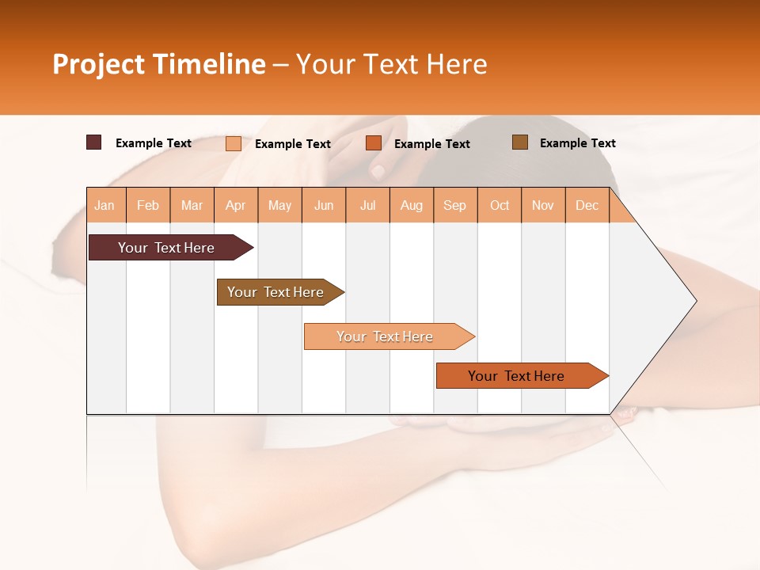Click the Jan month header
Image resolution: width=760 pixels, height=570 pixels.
pos(104,205)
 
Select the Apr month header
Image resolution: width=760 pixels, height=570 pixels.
pos(235,205)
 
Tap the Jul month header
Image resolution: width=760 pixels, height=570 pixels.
pos(367,205)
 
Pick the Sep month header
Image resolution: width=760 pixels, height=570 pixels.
pos(454,205)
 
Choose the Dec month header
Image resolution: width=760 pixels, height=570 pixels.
pos(587,205)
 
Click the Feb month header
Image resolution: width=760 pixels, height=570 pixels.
pos(148,205)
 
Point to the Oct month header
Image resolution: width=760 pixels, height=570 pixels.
pos(500,205)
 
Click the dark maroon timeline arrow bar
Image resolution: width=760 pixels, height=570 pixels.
pos(166,248)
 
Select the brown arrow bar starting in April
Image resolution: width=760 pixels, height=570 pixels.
pos(275,292)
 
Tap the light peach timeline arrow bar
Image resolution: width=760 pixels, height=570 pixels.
pos(385,336)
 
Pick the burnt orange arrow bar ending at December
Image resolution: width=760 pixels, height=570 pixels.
pos(516,376)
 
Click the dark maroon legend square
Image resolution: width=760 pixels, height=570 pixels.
pos(94,142)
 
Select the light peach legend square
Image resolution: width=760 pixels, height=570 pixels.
pos(234,143)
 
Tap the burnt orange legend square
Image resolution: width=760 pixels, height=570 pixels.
pos(374,143)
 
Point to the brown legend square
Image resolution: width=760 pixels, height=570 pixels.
pos(519,142)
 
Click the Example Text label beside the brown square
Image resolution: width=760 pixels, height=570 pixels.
pos(577,143)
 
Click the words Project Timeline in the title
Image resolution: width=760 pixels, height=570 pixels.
pos(159,64)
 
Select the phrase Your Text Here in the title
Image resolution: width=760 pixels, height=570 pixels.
pos(391,64)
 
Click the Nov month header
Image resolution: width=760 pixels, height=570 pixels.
pos(543,205)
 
